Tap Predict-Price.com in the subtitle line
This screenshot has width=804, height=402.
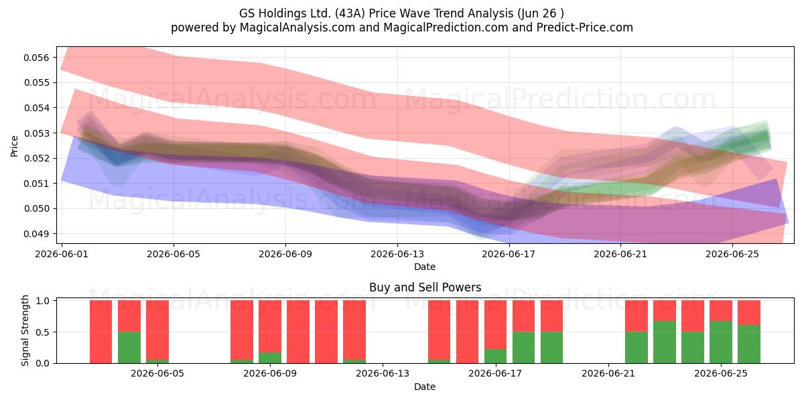[x=585, y=27]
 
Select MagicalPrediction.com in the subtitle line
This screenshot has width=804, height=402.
[x=446, y=27]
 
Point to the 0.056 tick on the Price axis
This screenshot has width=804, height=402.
[x=36, y=58]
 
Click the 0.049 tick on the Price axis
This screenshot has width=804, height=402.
[x=36, y=234]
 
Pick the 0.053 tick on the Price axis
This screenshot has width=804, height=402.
[x=36, y=133]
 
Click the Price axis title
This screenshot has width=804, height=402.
[x=14, y=146]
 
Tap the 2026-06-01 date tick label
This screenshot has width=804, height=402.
[x=62, y=254]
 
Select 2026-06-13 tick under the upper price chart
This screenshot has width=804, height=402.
[x=397, y=254]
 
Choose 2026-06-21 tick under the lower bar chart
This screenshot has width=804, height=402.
[x=608, y=374]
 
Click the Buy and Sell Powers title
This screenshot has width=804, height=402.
[x=425, y=287]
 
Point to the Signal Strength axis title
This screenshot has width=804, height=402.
[x=25, y=330]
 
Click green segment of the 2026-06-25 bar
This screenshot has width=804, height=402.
[x=721, y=342]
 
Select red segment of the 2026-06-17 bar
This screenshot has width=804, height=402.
[x=495, y=324]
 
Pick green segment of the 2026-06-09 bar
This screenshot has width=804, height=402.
[x=270, y=358]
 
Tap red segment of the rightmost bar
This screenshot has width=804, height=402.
[x=749, y=313]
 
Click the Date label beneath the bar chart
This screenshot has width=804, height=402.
[x=425, y=387]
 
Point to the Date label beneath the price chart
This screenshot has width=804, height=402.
[x=425, y=267]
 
